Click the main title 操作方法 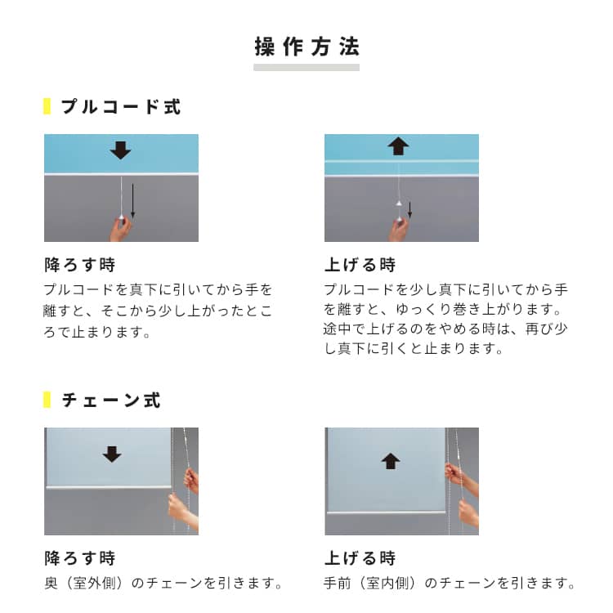coord(306,47)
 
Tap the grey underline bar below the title coord(306,68)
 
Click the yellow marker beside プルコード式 coord(47,106)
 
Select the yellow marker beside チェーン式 coord(47,400)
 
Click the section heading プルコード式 coord(121,106)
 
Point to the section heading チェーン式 coord(111,400)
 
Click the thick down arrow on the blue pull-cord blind coord(120,150)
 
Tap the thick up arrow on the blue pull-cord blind coord(398,146)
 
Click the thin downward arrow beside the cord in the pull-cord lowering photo coord(133,200)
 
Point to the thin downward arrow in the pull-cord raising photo coord(409,210)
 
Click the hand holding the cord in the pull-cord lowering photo coord(121,229)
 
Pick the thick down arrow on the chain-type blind coord(112,454)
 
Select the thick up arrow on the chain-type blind coord(391,461)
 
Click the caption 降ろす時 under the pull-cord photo coord(80,265)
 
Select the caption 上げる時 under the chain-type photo coord(360,558)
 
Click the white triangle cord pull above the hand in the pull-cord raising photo coord(398,204)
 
